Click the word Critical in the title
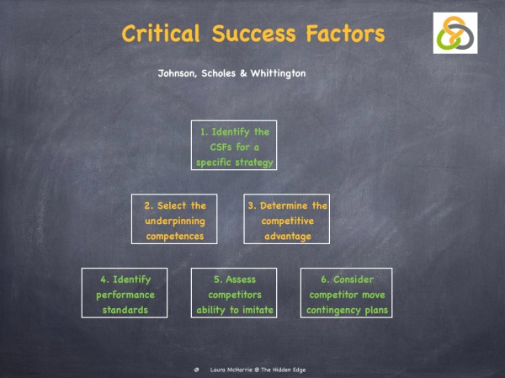pyautogui.click(x=161, y=34)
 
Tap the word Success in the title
pyautogui.click(x=252, y=34)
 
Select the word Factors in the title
pyautogui.click(x=343, y=34)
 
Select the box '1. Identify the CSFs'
pyautogui.click(x=234, y=146)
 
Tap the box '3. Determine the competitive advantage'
pyautogui.click(x=286, y=221)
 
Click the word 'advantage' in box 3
pyautogui.click(x=286, y=236)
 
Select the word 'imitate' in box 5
pyautogui.click(x=253, y=310)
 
